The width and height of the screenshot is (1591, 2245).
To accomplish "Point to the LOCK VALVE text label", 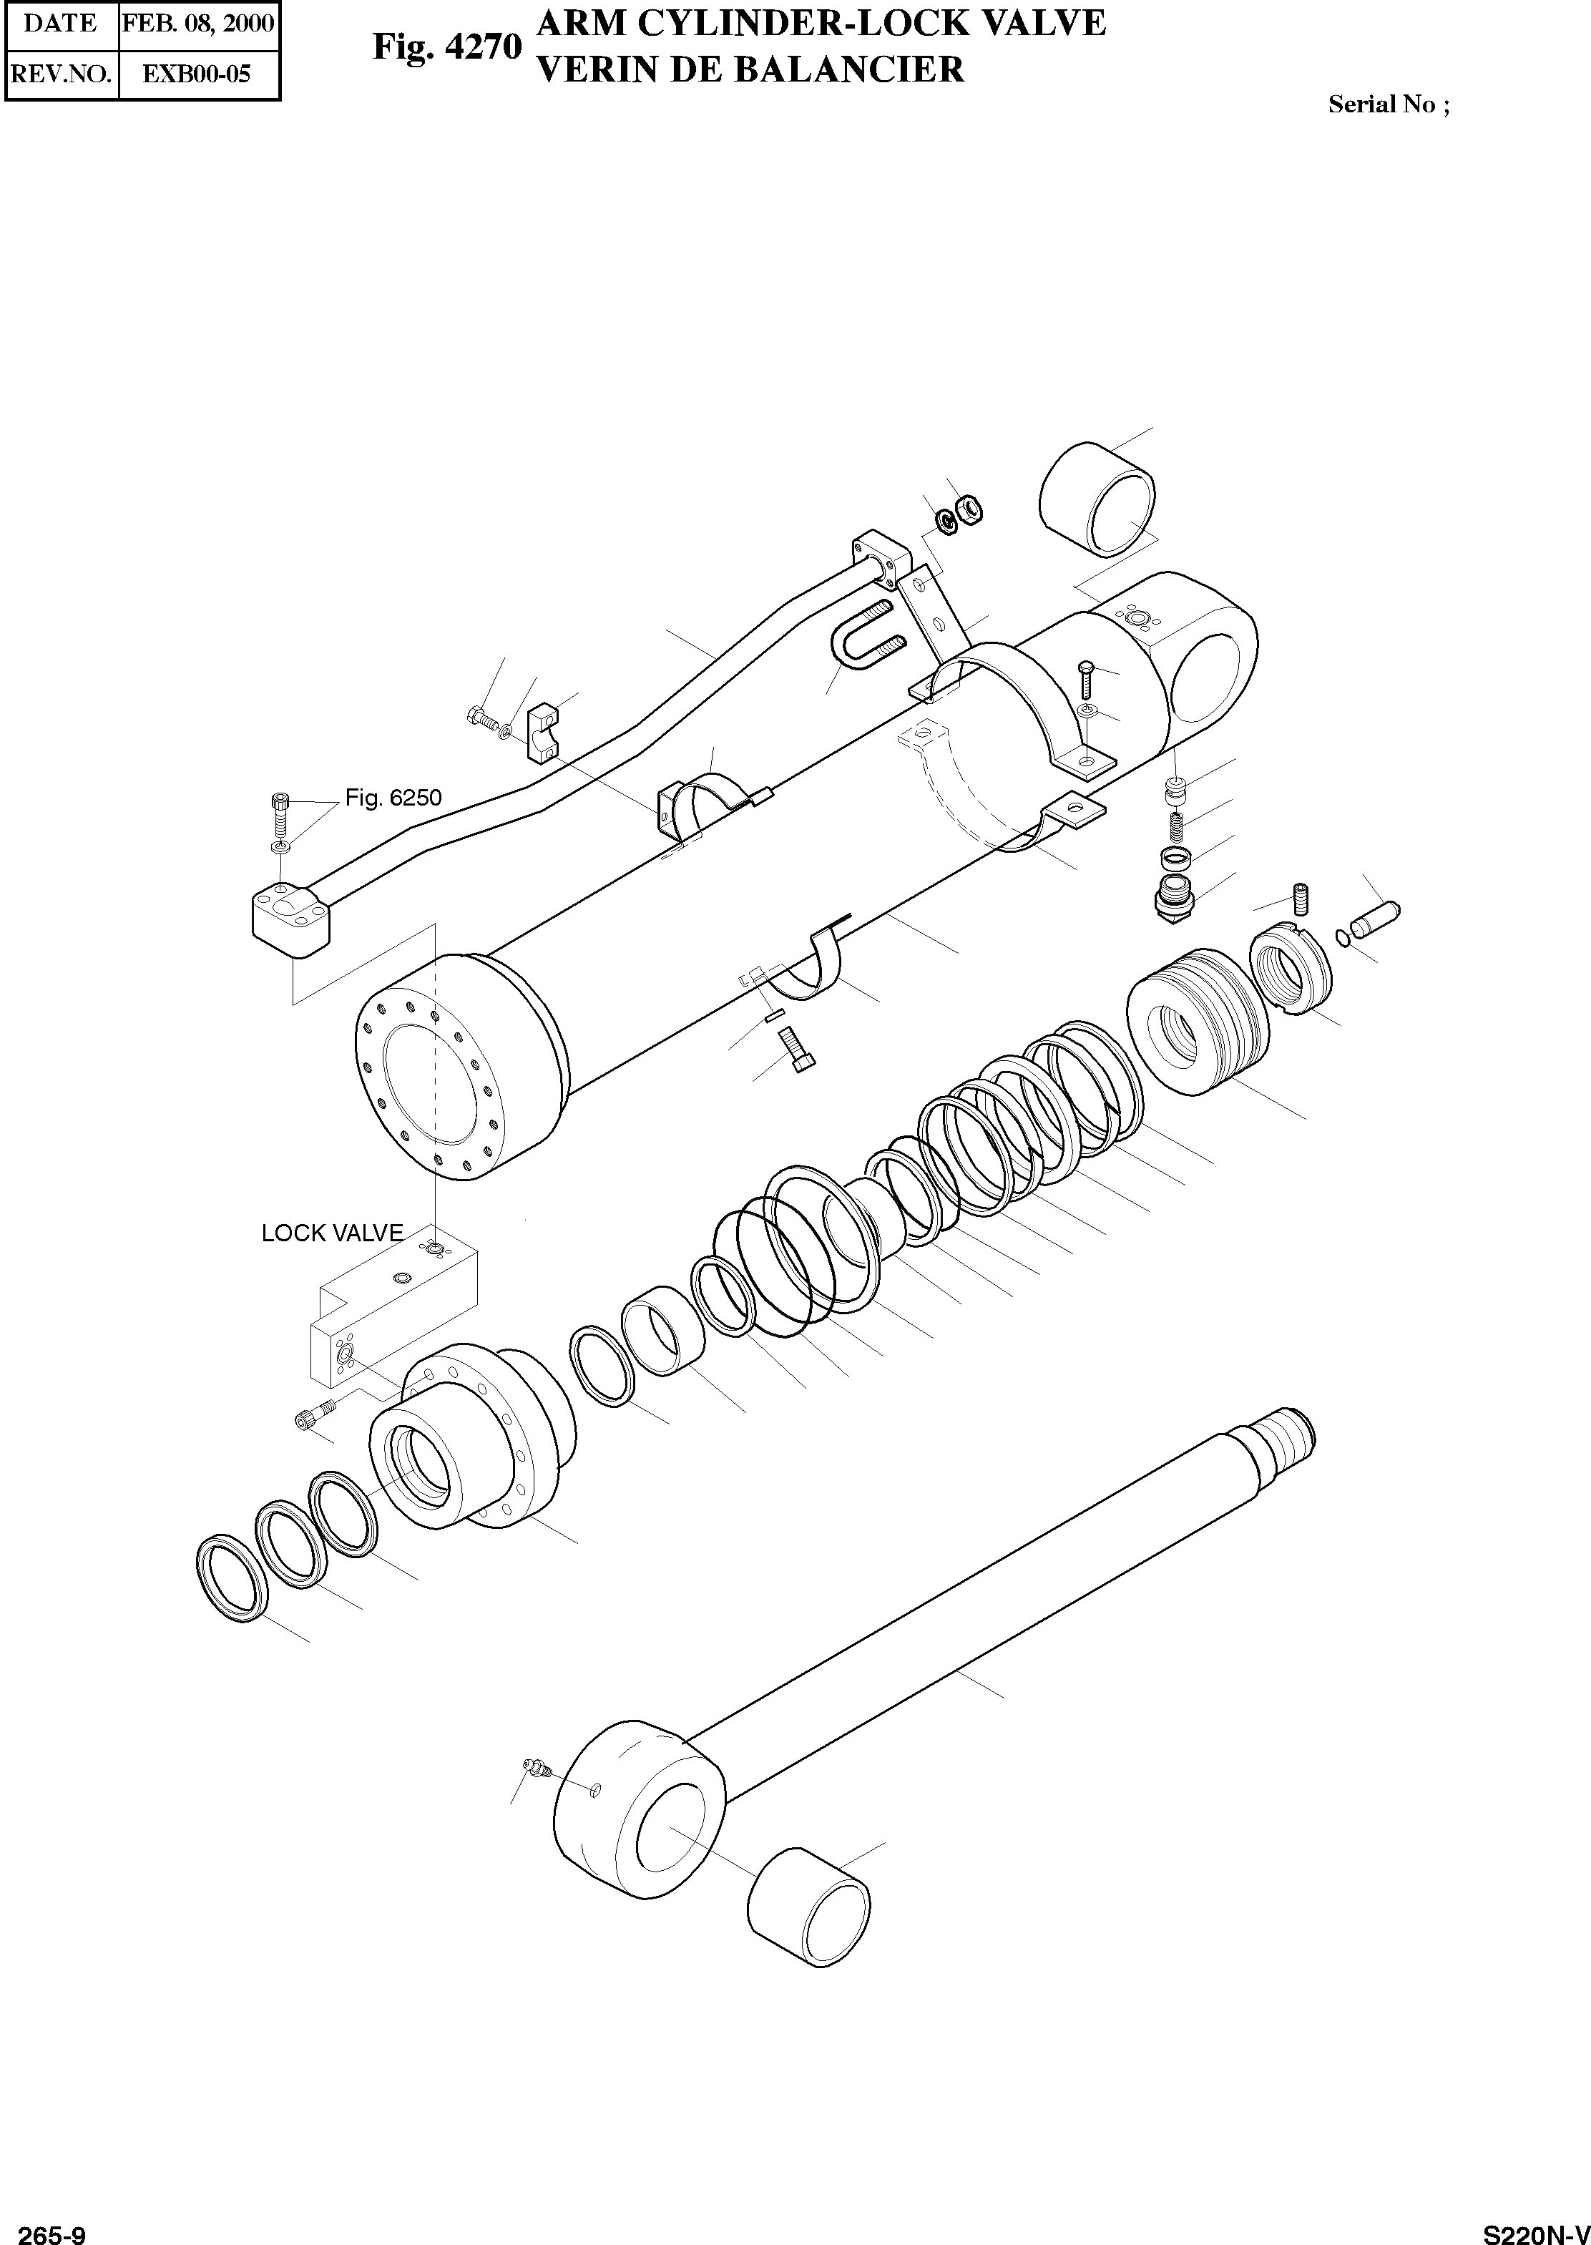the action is coord(332,1233).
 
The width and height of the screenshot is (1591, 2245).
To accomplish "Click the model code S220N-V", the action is coord(1534,2229).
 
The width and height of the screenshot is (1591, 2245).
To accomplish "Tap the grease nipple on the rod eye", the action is coord(536,1766).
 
